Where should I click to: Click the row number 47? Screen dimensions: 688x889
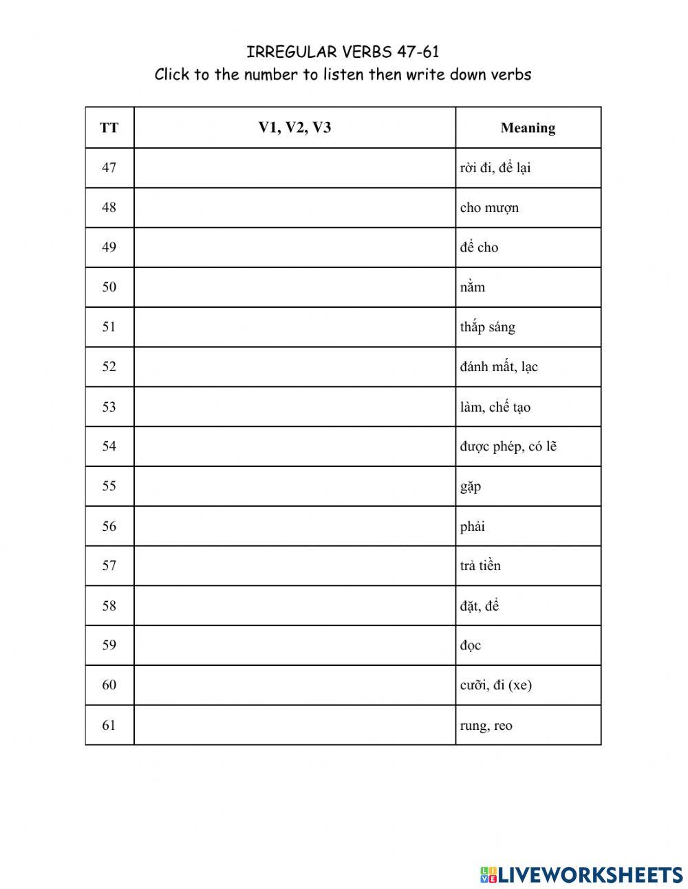click(109, 167)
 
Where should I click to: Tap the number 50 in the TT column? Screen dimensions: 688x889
click(109, 287)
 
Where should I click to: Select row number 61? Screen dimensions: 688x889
click(109, 724)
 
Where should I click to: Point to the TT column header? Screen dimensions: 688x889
click(109, 127)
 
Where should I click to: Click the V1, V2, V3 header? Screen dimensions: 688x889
click(294, 127)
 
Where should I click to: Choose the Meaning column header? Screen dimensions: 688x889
click(528, 127)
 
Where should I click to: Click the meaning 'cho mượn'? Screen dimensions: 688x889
click(489, 207)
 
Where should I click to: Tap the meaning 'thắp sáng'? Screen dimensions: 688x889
click(487, 327)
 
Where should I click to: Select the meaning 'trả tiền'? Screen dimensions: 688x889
click(480, 566)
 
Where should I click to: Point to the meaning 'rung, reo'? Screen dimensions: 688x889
click(486, 725)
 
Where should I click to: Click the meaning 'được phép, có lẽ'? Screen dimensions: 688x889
click(508, 446)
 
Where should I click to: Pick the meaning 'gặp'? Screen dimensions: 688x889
click(471, 487)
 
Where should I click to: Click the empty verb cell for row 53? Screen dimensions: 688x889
click(294, 406)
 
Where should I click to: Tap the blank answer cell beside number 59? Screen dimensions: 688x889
click(294, 645)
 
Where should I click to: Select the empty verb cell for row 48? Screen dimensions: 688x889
click(294, 207)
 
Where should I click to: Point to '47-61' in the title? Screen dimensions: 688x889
click(418, 52)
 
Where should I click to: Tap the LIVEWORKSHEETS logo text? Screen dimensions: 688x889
click(590, 875)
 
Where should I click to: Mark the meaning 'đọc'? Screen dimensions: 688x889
click(471, 646)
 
